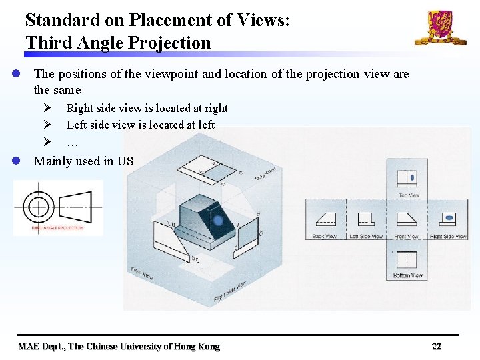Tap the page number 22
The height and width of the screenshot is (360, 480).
[436, 346]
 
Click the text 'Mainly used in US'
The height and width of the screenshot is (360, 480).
[83, 161]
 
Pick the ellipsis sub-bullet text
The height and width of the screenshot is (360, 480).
[72, 141]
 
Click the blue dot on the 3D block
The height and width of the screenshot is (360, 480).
[217, 221]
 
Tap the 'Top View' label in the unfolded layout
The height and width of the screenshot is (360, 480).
[409, 195]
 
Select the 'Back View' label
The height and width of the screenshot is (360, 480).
[325, 236]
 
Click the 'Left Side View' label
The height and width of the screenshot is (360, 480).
[366, 236]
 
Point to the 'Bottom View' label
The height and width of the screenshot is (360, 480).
[407, 275]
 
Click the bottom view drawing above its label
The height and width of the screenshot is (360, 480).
[407, 259]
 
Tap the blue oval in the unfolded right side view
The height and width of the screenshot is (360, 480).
[449, 219]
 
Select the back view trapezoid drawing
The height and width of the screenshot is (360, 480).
[325, 219]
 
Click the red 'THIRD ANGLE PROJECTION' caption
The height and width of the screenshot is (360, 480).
[57, 228]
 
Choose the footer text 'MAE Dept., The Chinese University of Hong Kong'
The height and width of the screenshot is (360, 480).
[119, 346]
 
